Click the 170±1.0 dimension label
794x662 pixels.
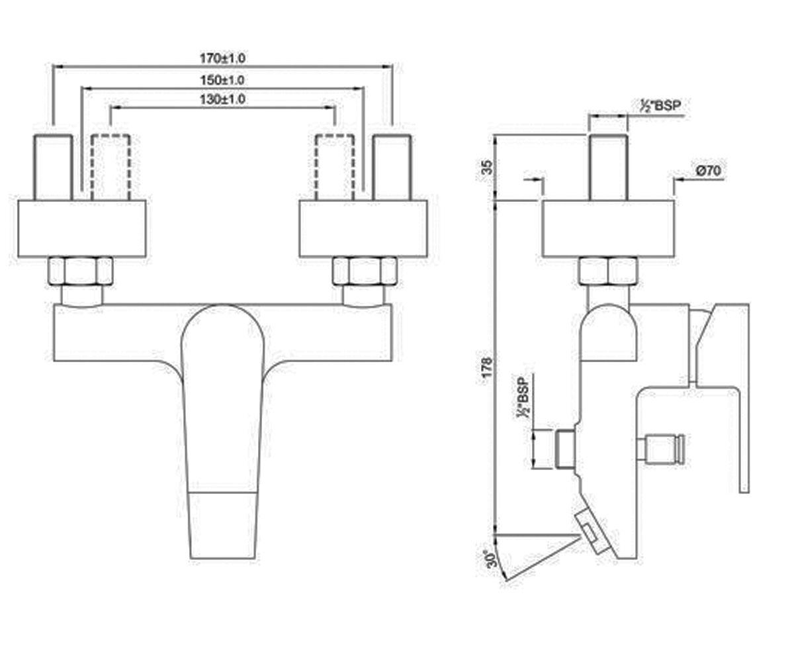(x=222, y=58)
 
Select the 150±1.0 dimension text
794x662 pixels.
(x=222, y=80)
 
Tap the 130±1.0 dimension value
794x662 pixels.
(x=222, y=99)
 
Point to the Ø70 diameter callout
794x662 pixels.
(x=708, y=170)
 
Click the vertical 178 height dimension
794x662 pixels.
(x=487, y=367)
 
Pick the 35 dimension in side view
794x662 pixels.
(x=487, y=167)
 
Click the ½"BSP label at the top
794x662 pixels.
(x=660, y=106)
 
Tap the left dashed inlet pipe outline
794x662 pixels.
(x=110, y=167)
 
